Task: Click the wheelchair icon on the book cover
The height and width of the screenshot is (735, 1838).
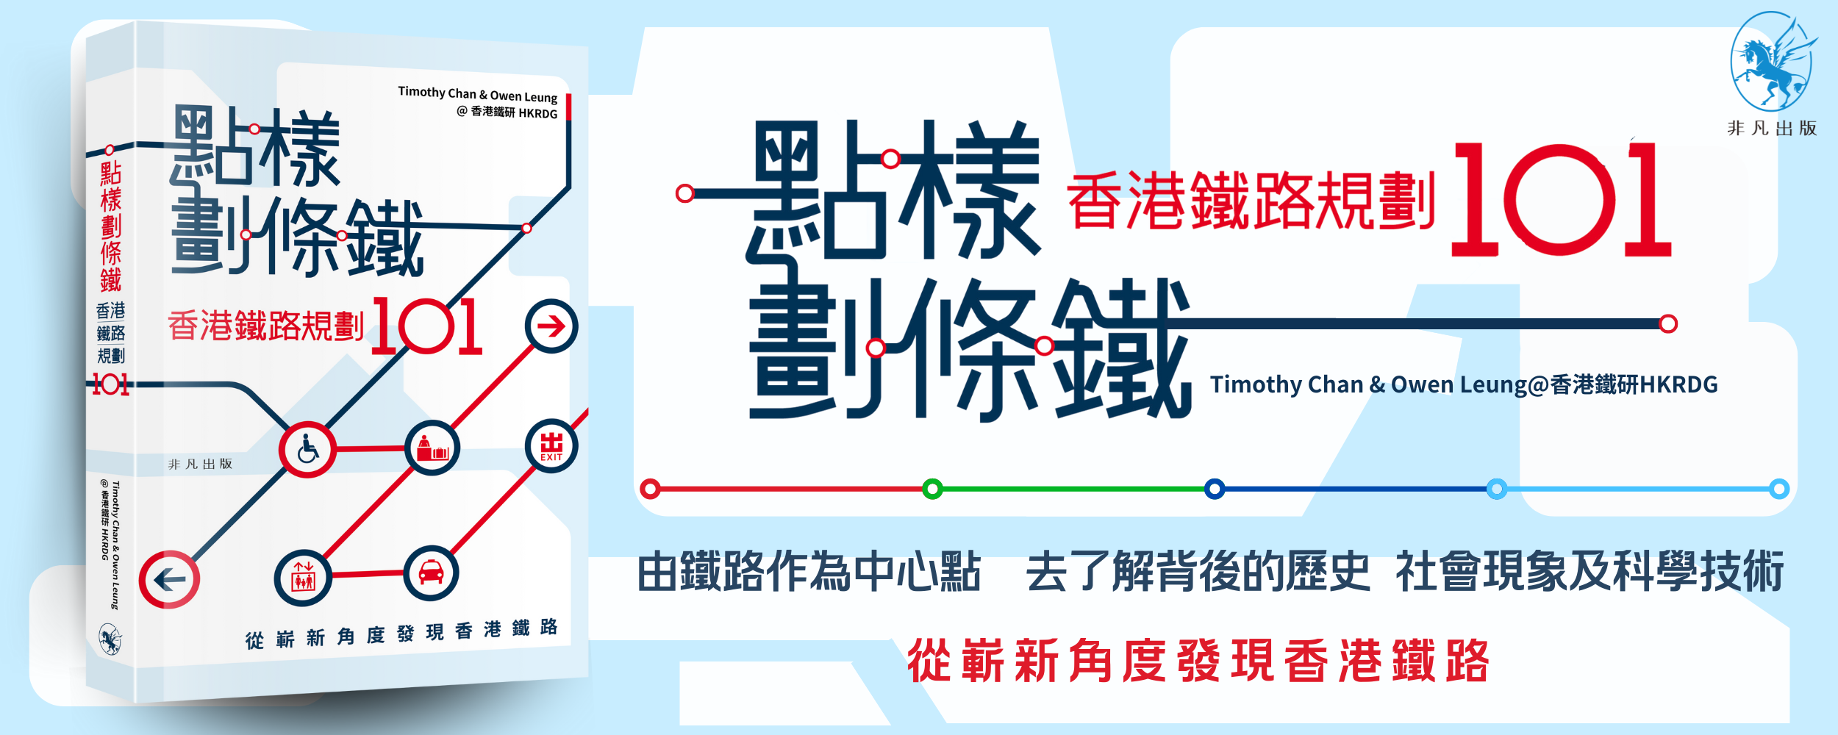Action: coord(307,449)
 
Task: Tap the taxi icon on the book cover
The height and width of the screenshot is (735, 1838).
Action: coord(431,573)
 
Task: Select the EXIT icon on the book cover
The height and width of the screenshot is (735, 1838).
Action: coord(551,446)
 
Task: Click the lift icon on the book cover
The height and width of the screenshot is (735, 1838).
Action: coord(303,578)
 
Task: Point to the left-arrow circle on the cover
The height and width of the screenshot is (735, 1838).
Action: coord(169,580)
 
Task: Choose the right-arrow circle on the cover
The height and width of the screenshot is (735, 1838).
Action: coord(551,326)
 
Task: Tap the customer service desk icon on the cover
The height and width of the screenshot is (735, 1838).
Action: coord(432,448)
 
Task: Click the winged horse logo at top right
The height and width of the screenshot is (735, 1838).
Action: coord(1773,62)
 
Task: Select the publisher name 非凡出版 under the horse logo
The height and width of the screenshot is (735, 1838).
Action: coord(1772,129)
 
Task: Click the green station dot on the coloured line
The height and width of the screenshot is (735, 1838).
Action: coord(932,489)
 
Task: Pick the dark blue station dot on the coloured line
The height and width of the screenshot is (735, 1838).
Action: coord(1215,489)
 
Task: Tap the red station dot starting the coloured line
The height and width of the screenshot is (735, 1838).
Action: coord(650,489)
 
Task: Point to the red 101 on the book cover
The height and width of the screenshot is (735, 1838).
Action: coord(427,326)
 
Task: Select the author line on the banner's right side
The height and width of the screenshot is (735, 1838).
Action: coord(1464,384)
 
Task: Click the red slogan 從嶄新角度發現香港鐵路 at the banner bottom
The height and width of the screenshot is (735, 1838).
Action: coord(1198,661)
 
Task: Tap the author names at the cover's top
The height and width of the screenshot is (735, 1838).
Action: coord(478,103)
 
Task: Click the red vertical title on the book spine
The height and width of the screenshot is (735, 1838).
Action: coord(110,226)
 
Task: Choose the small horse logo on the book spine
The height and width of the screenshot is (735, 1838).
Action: coord(110,639)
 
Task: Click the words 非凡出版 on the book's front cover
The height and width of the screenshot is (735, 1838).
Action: coord(200,464)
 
